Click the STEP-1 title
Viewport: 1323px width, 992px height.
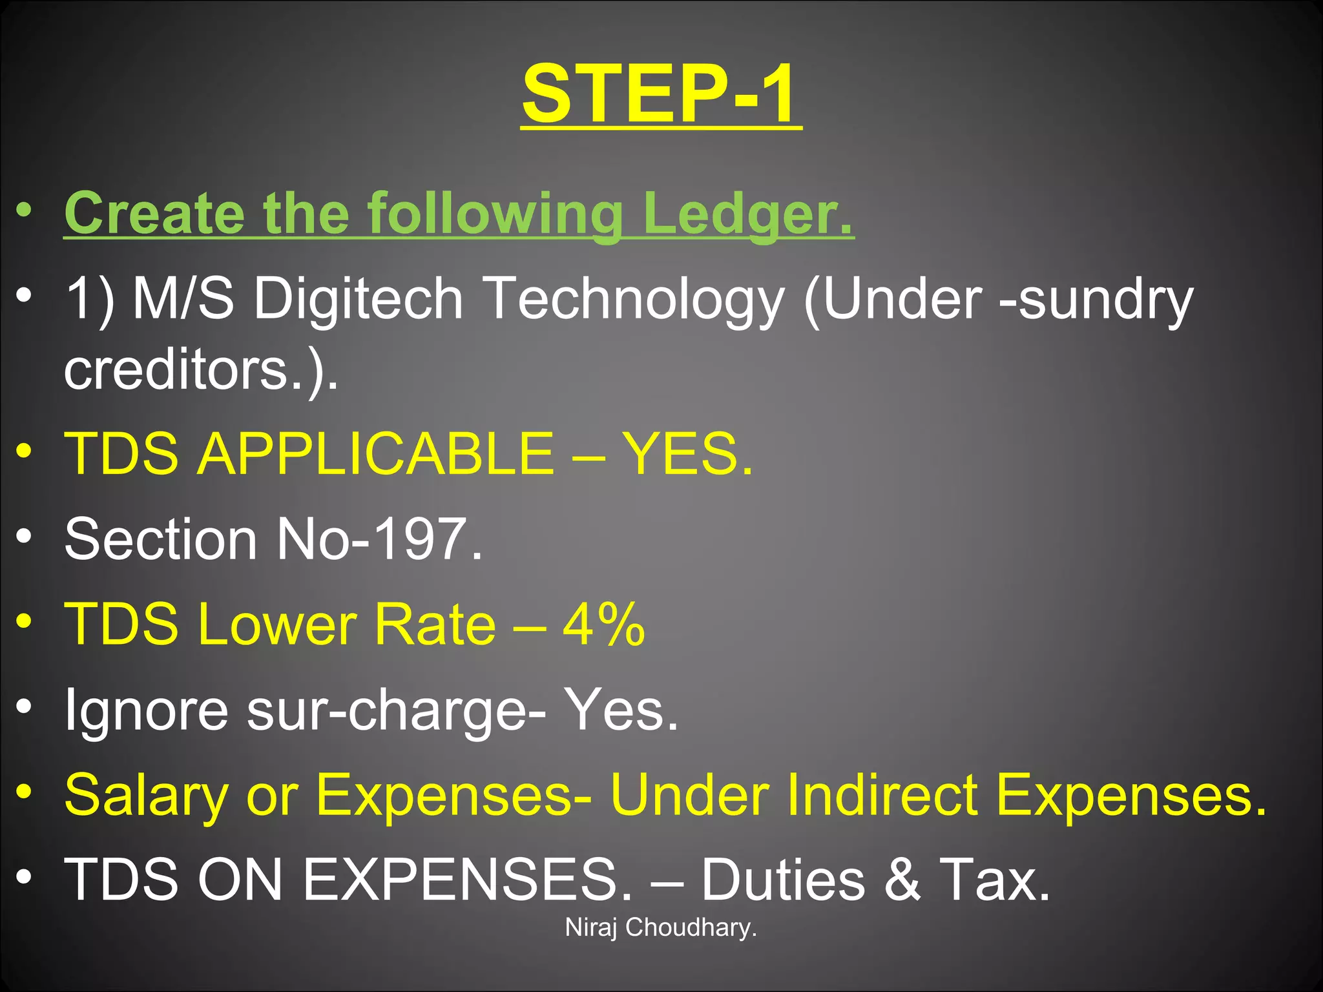point(661,94)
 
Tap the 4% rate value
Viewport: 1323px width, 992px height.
point(603,624)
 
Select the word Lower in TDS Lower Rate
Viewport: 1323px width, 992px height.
point(276,624)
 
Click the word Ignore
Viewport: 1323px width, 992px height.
point(146,709)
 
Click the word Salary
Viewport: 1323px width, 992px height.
point(146,796)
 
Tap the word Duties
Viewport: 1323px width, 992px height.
point(782,880)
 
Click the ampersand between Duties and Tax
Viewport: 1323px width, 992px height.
point(902,880)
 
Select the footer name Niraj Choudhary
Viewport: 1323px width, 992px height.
point(660,927)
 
